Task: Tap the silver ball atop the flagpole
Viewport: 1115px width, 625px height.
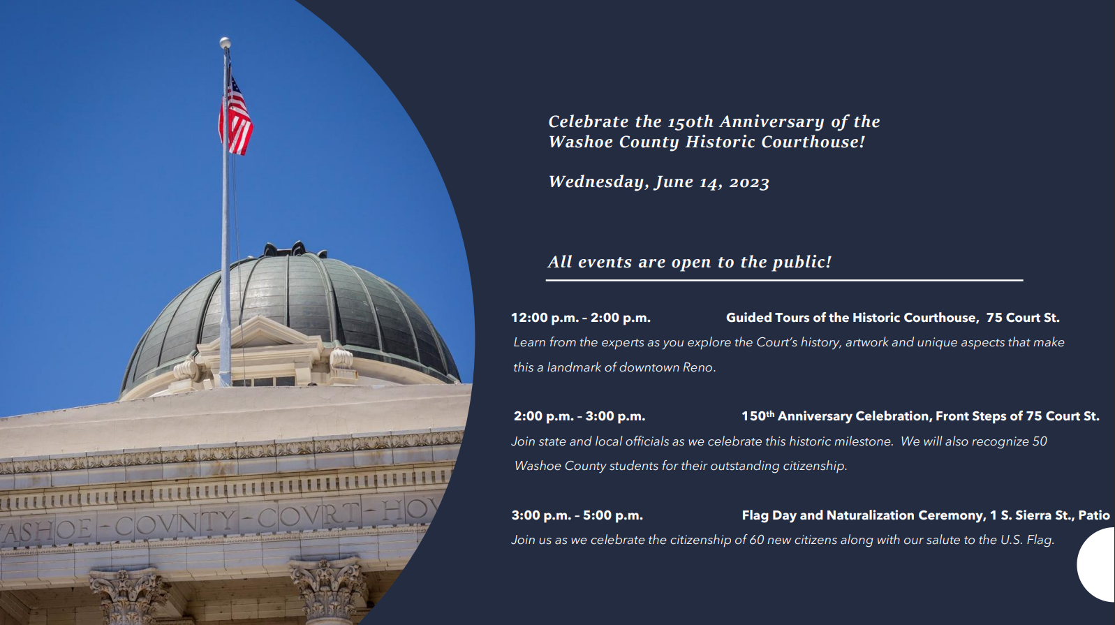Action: pyautogui.click(x=225, y=43)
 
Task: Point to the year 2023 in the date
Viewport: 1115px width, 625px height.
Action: pyautogui.click(x=749, y=182)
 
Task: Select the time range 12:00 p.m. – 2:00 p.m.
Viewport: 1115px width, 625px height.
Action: pyautogui.click(x=581, y=318)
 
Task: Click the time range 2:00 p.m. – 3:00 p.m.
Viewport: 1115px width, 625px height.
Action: pyautogui.click(x=579, y=416)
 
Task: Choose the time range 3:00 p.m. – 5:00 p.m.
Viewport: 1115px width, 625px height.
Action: pyautogui.click(x=577, y=515)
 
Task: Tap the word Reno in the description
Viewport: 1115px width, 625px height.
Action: pyautogui.click(x=699, y=367)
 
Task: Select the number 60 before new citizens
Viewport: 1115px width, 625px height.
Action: pyautogui.click(x=757, y=540)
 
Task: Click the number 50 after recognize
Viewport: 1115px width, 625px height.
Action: pyautogui.click(x=1040, y=441)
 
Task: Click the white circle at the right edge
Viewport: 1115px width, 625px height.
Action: pyautogui.click(x=1098, y=565)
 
